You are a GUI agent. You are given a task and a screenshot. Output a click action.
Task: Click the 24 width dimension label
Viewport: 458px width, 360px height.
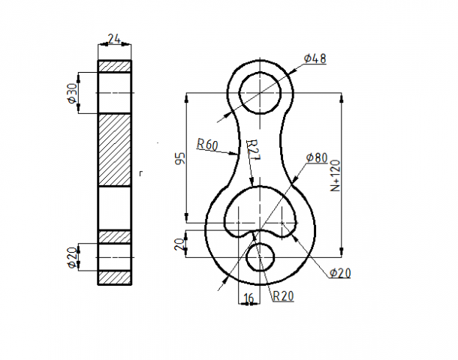[114, 38]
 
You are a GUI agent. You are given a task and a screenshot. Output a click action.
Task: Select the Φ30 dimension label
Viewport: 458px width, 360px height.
[73, 93]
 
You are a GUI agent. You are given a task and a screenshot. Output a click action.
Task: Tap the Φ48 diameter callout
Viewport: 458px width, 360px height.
[315, 58]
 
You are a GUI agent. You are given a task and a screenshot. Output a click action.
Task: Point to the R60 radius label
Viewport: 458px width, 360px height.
[207, 145]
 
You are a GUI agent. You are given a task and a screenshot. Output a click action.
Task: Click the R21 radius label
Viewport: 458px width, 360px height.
[253, 150]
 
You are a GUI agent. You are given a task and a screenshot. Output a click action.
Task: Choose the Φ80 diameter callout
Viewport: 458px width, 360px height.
[317, 157]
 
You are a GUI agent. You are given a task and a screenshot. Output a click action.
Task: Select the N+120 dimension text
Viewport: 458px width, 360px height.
[336, 175]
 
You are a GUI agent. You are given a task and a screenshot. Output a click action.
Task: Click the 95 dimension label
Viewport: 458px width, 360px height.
[180, 158]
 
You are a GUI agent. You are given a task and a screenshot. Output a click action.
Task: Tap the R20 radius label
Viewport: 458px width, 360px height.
[283, 296]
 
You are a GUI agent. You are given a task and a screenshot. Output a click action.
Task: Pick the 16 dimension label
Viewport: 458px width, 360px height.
[249, 298]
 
